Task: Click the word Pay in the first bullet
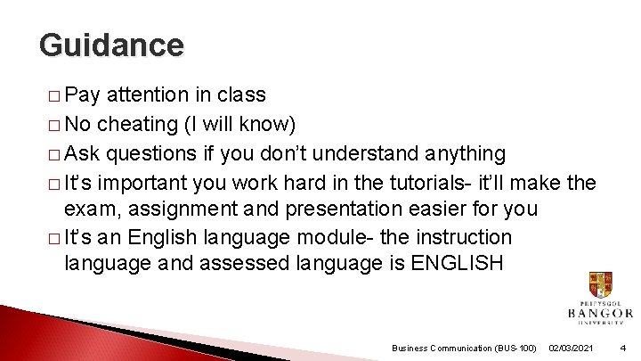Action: point(82,94)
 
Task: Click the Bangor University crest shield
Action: point(600,285)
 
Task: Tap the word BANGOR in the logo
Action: point(600,313)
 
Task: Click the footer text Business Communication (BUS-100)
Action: point(464,347)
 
